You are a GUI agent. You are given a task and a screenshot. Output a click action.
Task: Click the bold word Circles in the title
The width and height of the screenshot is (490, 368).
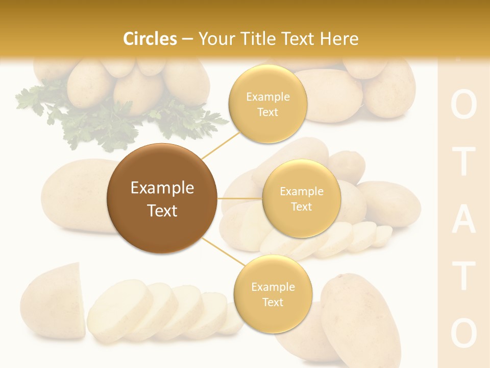(x=150, y=39)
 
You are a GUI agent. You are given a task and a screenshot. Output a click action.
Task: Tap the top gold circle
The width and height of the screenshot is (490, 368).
(x=267, y=104)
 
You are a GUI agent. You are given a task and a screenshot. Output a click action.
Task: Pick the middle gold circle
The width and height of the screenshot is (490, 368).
(x=301, y=198)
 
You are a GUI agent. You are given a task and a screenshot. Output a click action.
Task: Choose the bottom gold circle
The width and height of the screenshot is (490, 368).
(x=273, y=294)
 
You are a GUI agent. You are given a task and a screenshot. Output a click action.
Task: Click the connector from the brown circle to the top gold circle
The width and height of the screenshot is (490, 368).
(x=222, y=144)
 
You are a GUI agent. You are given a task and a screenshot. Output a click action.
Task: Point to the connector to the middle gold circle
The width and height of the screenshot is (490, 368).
(x=239, y=198)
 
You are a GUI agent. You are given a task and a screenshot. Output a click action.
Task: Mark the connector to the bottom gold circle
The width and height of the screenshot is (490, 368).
(x=221, y=252)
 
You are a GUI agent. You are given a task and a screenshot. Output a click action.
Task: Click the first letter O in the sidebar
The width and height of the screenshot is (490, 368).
(x=463, y=106)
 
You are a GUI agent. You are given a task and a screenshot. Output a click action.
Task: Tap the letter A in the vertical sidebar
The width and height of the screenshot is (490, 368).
(x=463, y=221)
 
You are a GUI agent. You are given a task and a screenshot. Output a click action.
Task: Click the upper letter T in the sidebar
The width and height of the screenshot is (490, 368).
(x=463, y=163)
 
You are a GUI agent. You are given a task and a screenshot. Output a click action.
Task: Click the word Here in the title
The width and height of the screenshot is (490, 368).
(x=338, y=39)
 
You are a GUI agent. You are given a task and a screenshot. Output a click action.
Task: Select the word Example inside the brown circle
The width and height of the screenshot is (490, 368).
(x=162, y=188)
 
